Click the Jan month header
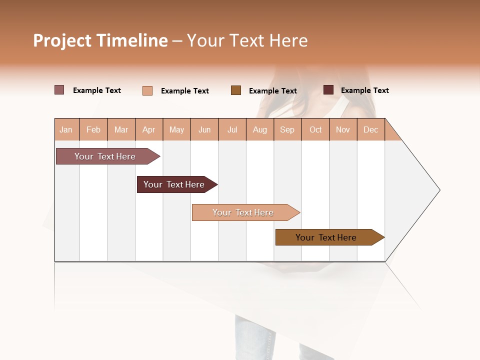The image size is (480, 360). click(66, 129)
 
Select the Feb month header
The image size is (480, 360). click(93, 129)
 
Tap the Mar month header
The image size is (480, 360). click(121, 129)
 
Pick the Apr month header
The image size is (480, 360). click(149, 129)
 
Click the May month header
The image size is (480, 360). click(176, 129)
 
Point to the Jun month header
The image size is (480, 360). click(204, 129)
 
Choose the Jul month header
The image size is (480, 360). click(232, 129)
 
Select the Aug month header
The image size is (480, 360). click(260, 129)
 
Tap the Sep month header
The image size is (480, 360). click(287, 129)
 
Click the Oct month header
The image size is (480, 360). click(315, 129)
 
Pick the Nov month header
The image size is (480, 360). click(343, 129)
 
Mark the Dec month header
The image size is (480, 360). click(371, 129)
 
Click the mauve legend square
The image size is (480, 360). click(59, 90)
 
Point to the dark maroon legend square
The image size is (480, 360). click(328, 90)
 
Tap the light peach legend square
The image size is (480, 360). click(147, 90)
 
